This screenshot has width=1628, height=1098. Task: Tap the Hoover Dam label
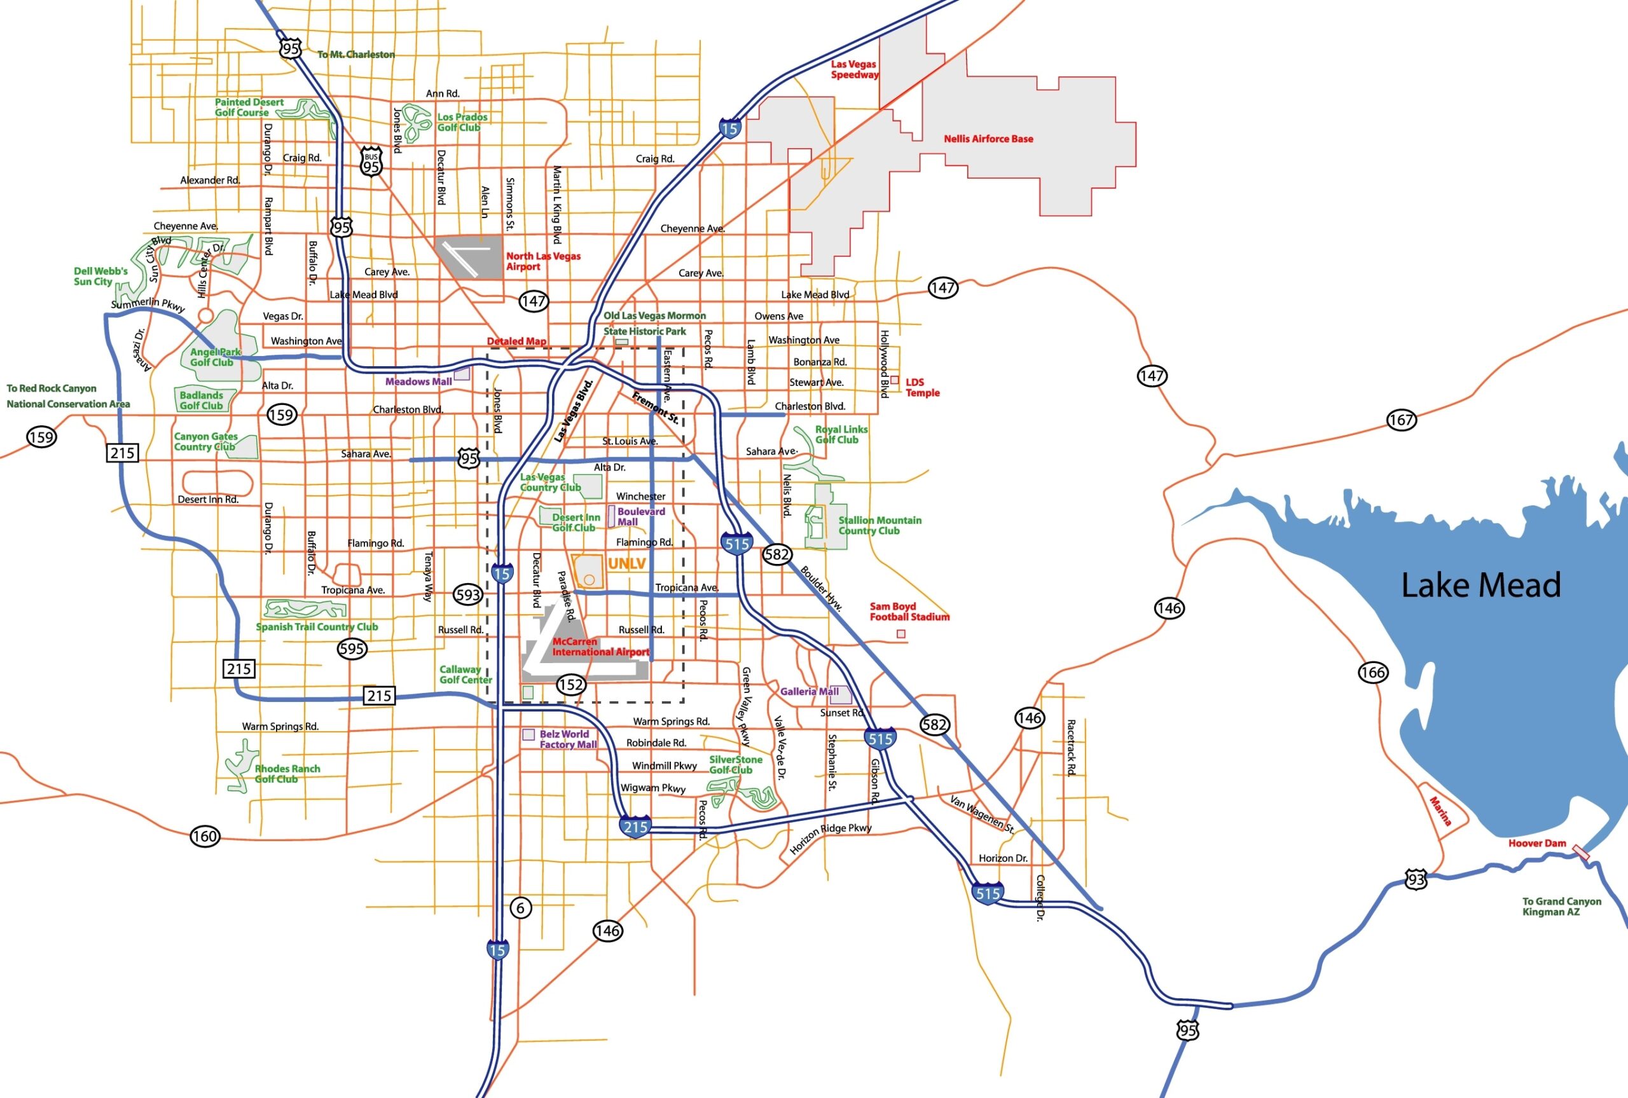pos(1536,843)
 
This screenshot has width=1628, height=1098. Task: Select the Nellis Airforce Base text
pos(988,139)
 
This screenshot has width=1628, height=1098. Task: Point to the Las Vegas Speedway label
pos(854,69)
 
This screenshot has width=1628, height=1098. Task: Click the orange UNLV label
pos(626,564)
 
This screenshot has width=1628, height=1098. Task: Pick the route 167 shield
pos(1401,420)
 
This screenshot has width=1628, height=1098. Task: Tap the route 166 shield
pos(1372,672)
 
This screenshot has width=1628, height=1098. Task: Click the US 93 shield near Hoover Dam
pos(1416,879)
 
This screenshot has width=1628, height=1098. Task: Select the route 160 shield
pos(205,836)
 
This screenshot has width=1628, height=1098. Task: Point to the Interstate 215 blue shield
pos(635,827)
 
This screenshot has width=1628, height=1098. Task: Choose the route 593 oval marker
pos(468,594)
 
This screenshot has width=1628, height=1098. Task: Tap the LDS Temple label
pos(922,387)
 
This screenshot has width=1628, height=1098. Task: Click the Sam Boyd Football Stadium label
pos(909,612)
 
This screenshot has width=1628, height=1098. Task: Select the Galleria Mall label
pos(809,691)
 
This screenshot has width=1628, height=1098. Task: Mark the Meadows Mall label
pos(418,381)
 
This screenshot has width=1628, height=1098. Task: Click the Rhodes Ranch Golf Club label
pos(287,774)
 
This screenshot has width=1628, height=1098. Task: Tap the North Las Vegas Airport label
pos(542,261)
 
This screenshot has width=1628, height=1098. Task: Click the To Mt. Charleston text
pos(355,55)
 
